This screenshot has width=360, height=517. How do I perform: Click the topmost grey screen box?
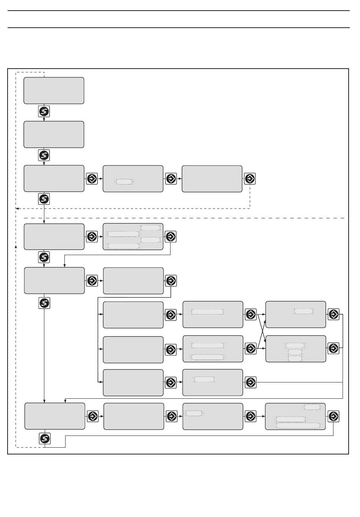pos(54,91)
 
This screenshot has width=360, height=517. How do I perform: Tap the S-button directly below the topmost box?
pos(44,112)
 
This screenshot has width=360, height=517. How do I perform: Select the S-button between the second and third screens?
pos(44,155)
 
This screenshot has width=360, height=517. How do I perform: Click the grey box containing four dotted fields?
pos(133,237)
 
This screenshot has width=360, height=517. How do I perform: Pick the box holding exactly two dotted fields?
pos(213,349)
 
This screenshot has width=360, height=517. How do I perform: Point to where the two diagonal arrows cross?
pos(261,331)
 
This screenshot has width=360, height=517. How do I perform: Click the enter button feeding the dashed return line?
pos(250,179)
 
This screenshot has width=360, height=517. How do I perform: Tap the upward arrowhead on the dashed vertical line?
pos(16,246)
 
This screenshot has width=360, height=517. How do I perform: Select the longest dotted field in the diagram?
pos(298,426)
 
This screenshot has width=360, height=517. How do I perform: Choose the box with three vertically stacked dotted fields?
pos(296,349)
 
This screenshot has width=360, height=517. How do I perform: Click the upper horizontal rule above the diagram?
pos(178,11)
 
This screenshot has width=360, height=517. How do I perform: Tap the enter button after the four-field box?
pos(171,237)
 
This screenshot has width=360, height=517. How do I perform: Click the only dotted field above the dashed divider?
pos(125,182)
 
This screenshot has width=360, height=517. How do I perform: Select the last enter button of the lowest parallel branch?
pos(250,382)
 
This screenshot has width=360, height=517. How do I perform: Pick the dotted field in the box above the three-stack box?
pos(304,311)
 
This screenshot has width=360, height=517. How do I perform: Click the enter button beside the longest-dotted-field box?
pos(333,416)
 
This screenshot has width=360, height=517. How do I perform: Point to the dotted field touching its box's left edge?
pos(194,413)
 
